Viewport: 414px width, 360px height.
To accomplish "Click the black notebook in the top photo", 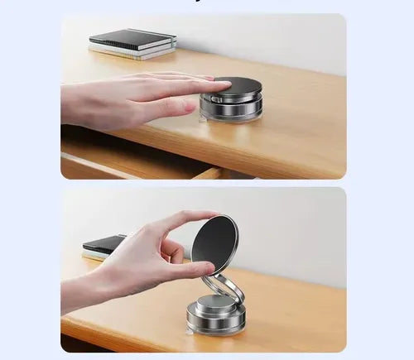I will coord(132,39).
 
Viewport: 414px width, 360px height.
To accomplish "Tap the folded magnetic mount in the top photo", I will coord(231,99).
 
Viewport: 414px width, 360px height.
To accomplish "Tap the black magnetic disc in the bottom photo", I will coord(214,245).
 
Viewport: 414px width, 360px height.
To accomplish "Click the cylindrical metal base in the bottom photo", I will coord(215,318).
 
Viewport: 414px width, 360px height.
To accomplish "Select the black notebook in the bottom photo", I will coord(104,244).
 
